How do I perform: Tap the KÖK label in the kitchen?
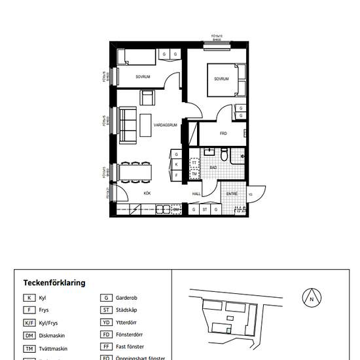147,193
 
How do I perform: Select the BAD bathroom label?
213,168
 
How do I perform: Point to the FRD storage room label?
223,133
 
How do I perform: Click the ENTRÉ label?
232,194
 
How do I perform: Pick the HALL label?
196,194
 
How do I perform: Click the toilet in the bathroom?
224,155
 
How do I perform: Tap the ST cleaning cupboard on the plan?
204,209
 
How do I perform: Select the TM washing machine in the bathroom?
194,173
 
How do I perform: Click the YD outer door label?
250,194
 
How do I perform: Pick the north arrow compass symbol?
312,298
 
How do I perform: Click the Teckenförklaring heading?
54,283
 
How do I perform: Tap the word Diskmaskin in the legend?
52,336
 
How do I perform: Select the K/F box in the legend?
29,323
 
